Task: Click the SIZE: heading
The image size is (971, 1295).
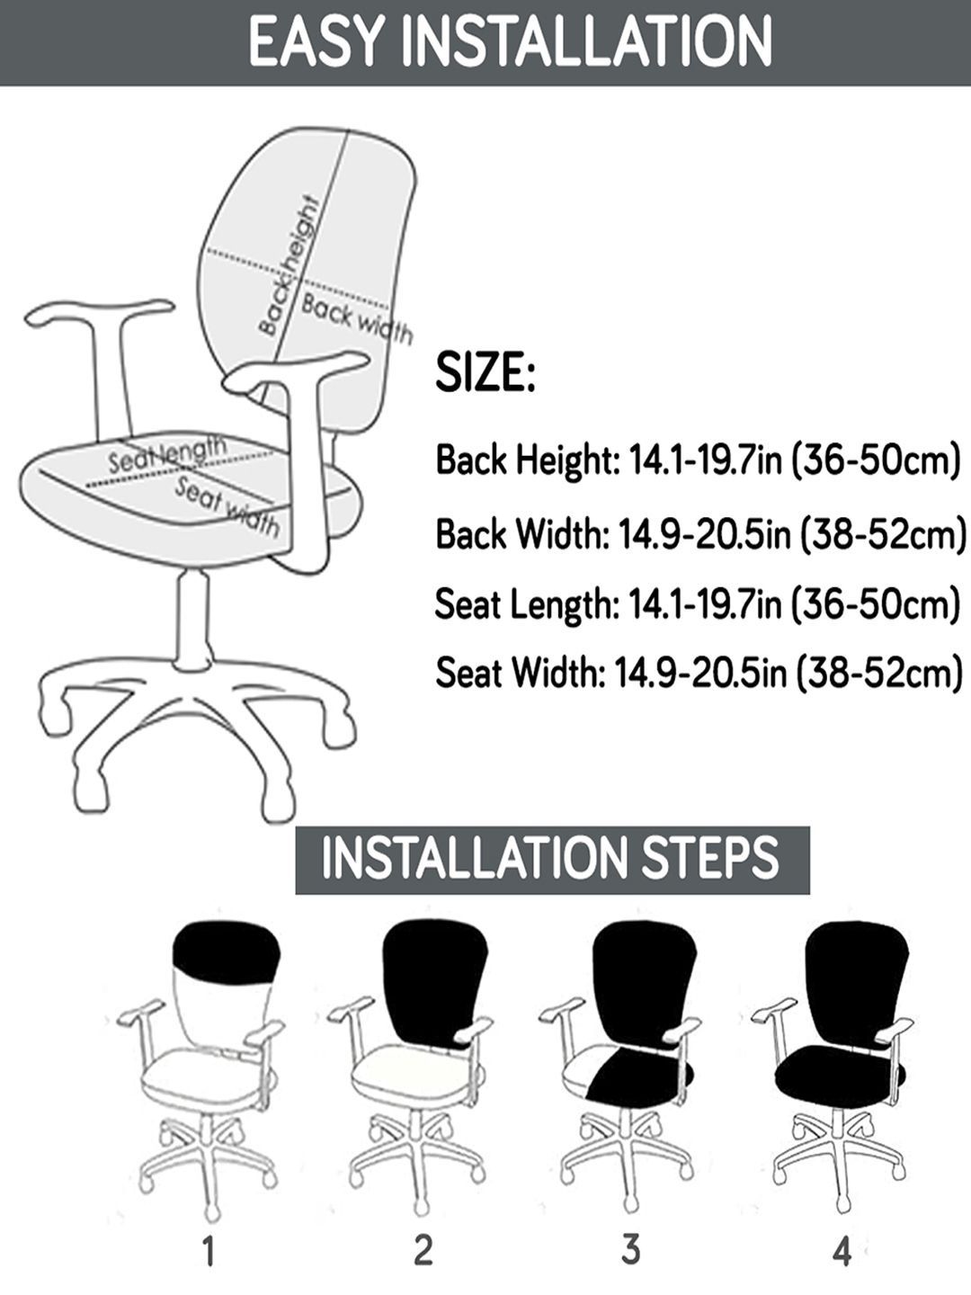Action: pyautogui.click(x=485, y=372)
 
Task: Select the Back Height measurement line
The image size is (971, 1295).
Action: pyautogui.click(x=698, y=460)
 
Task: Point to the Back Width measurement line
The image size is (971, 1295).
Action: pyautogui.click(x=700, y=532)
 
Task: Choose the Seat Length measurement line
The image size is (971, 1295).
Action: pyautogui.click(x=698, y=603)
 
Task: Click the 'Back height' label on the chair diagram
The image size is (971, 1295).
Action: pyautogui.click(x=290, y=266)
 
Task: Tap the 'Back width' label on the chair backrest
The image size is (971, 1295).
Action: pyautogui.click(x=357, y=319)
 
